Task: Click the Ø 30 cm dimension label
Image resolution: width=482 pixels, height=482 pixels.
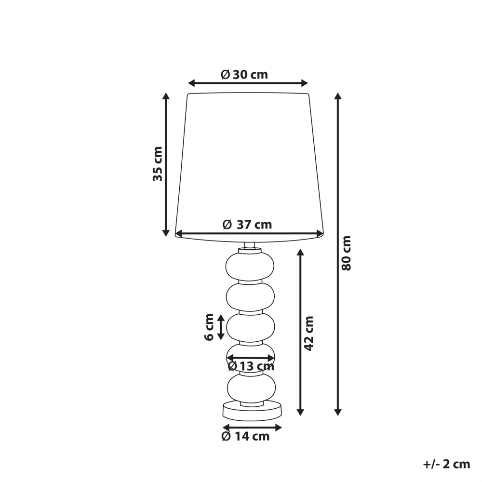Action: [x=244, y=75]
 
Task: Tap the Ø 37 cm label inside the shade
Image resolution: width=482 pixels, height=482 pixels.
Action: [x=247, y=225]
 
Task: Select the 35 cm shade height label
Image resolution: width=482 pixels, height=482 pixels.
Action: [x=158, y=163]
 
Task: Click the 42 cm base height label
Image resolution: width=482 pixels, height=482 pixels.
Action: [x=309, y=333]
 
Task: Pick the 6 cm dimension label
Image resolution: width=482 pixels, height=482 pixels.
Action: [x=209, y=327]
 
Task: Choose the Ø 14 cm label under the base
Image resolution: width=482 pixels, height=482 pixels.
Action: [x=245, y=437]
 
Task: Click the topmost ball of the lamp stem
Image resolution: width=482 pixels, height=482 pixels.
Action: [x=250, y=266]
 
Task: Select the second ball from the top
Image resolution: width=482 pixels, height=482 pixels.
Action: [x=250, y=296]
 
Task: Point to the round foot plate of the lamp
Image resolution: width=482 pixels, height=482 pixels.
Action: [x=252, y=411]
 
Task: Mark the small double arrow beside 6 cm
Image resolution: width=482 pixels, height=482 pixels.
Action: [x=221, y=327]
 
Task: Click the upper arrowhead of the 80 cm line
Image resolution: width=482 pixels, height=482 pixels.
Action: [x=338, y=97]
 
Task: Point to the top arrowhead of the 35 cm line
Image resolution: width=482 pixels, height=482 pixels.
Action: [x=166, y=96]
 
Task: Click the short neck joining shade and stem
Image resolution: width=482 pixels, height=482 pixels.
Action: [x=249, y=246]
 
